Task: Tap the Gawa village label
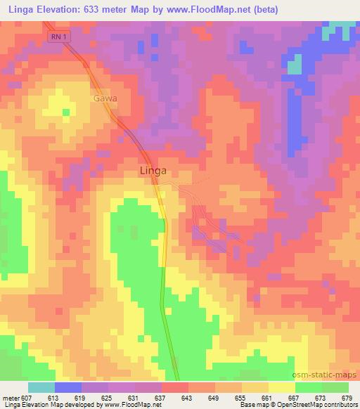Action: [104, 99]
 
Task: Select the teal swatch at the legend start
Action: [41, 387]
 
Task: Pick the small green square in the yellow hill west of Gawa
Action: [66, 111]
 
